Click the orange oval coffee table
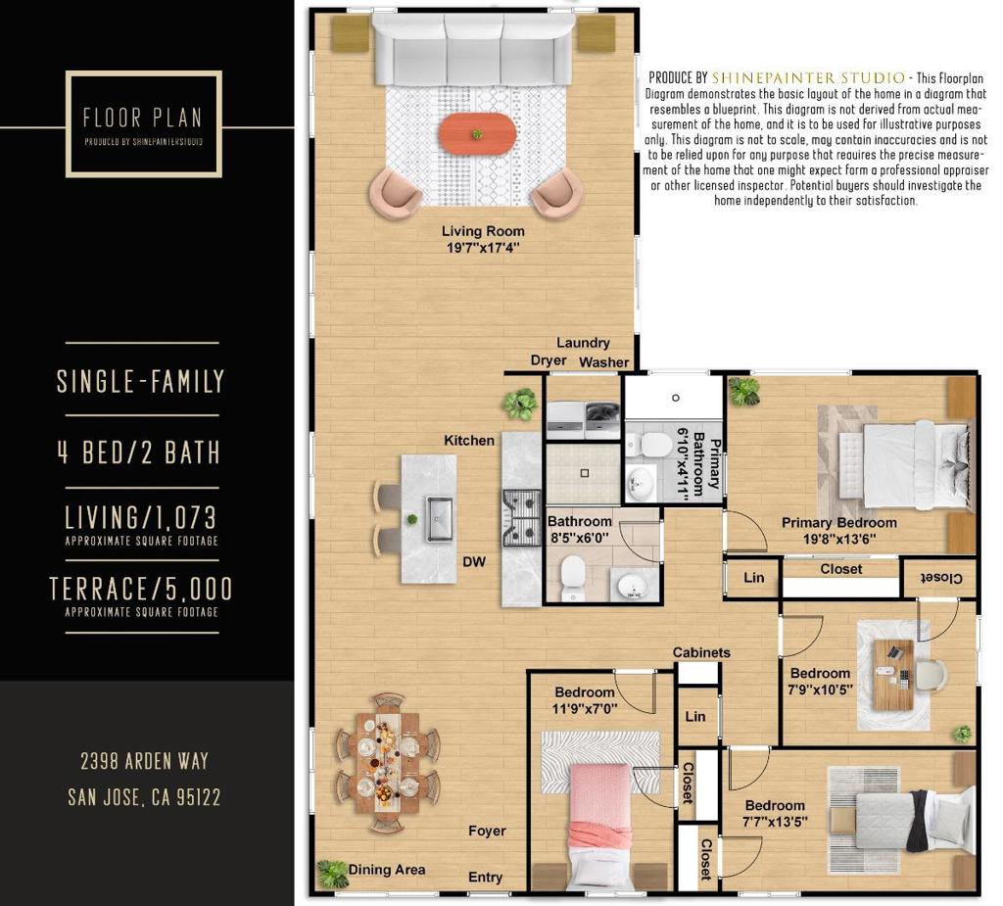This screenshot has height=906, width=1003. click(x=477, y=133)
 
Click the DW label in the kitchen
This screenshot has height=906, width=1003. click(x=474, y=562)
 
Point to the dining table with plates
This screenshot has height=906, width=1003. click(x=387, y=762)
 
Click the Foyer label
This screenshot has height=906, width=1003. click(x=487, y=831)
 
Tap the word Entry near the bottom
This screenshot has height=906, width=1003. click(x=485, y=878)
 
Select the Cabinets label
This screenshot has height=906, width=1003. click(x=701, y=652)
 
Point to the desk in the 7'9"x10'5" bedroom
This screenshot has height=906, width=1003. click(x=893, y=675)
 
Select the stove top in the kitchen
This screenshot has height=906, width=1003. click(x=523, y=517)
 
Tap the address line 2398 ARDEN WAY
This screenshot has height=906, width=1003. click(x=145, y=761)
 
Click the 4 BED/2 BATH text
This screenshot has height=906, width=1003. click(x=139, y=453)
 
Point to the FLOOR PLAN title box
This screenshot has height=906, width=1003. click(x=144, y=123)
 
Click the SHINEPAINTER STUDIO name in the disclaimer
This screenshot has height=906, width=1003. click(x=808, y=78)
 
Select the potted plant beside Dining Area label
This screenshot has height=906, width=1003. click(x=332, y=874)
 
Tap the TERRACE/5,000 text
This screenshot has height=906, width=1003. click(x=141, y=589)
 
